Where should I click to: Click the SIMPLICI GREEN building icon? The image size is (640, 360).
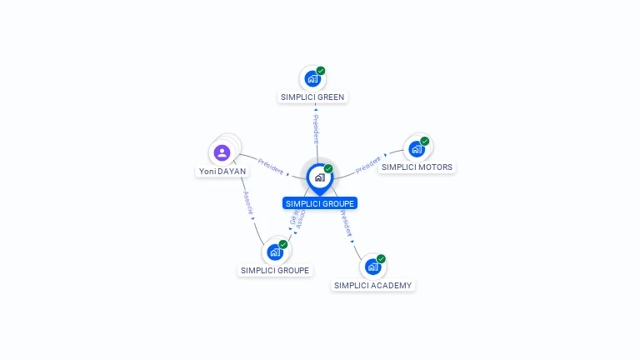(x=312, y=79)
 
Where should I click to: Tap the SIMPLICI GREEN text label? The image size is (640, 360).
(x=312, y=97)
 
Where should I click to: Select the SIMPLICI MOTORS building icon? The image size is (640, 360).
(x=417, y=149)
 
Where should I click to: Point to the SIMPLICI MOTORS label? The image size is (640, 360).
(x=417, y=167)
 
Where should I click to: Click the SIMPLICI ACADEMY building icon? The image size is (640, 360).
(x=372, y=267)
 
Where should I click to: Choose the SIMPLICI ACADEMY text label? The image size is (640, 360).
(x=372, y=286)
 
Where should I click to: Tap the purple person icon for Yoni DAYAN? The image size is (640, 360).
(x=222, y=152)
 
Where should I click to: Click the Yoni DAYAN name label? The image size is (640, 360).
(x=222, y=172)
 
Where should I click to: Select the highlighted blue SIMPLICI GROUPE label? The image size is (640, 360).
(x=320, y=203)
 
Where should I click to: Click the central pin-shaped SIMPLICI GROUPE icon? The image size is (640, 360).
(x=319, y=177)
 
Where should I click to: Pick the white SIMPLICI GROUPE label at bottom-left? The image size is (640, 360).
(x=275, y=271)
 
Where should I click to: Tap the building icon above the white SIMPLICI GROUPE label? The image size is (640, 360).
(x=275, y=252)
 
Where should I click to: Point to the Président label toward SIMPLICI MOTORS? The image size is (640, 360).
(x=368, y=164)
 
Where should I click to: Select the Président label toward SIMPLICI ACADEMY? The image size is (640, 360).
(x=346, y=222)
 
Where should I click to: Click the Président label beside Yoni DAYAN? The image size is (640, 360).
(x=272, y=164)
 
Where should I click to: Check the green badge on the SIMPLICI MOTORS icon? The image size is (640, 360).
(x=425, y=141)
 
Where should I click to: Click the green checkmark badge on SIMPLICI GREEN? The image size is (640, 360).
(x=321, y=71)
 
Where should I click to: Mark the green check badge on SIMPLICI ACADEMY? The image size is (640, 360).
(x=381, y=258)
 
